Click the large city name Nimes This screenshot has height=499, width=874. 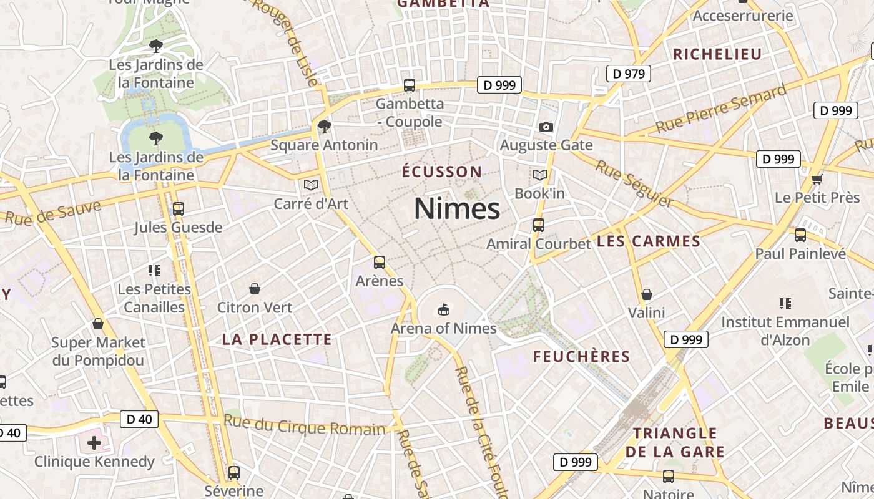(x=457, y=208)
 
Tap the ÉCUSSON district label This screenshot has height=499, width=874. (x=442, y=172)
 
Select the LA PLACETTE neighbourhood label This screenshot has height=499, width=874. (x=277, y=339)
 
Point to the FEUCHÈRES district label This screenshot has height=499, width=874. (x=581, y=356)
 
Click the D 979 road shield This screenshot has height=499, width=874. (x=629, y=74)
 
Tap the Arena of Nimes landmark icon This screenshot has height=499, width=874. (x=444, y=309)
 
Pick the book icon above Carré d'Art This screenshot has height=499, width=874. (x=311, y=185)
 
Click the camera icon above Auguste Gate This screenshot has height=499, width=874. (x=546, y=127)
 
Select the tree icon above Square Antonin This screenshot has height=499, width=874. (x=324, y=127)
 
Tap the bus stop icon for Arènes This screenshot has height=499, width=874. (x=380, y=262)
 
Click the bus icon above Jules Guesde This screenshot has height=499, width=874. (x=179, y=208)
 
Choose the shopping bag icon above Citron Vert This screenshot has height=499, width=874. (x=255, y=289)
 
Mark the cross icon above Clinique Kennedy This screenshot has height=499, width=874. (x=94, y=443)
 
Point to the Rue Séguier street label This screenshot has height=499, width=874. (x=634, y=183)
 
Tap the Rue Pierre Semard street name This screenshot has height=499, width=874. (x=721, y=110)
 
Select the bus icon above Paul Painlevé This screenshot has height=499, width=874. (x=800, y=235)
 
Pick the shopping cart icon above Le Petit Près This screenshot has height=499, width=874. (x=817, y=180)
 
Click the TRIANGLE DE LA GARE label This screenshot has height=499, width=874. (x=679, y=442)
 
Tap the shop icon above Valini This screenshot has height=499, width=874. (x=647, y=294)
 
